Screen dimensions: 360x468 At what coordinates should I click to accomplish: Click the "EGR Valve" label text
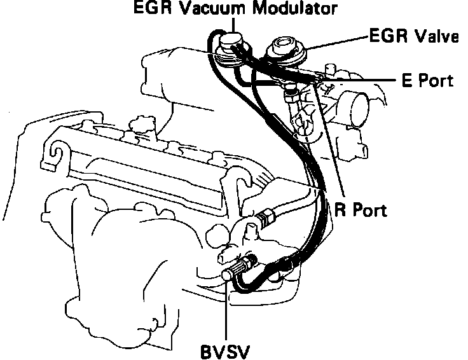[414, 37]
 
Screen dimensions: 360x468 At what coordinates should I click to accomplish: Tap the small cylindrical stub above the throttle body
[329, 69]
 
